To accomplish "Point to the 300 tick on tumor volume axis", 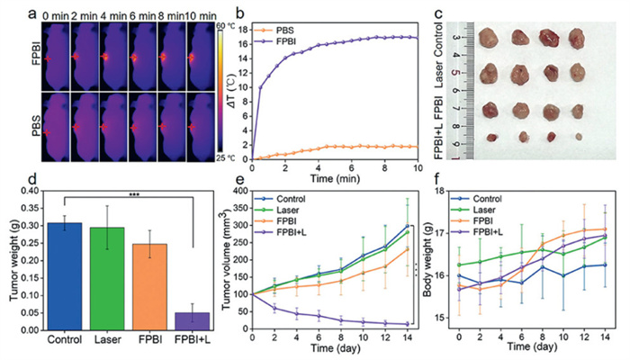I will [x=267, y=192].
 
